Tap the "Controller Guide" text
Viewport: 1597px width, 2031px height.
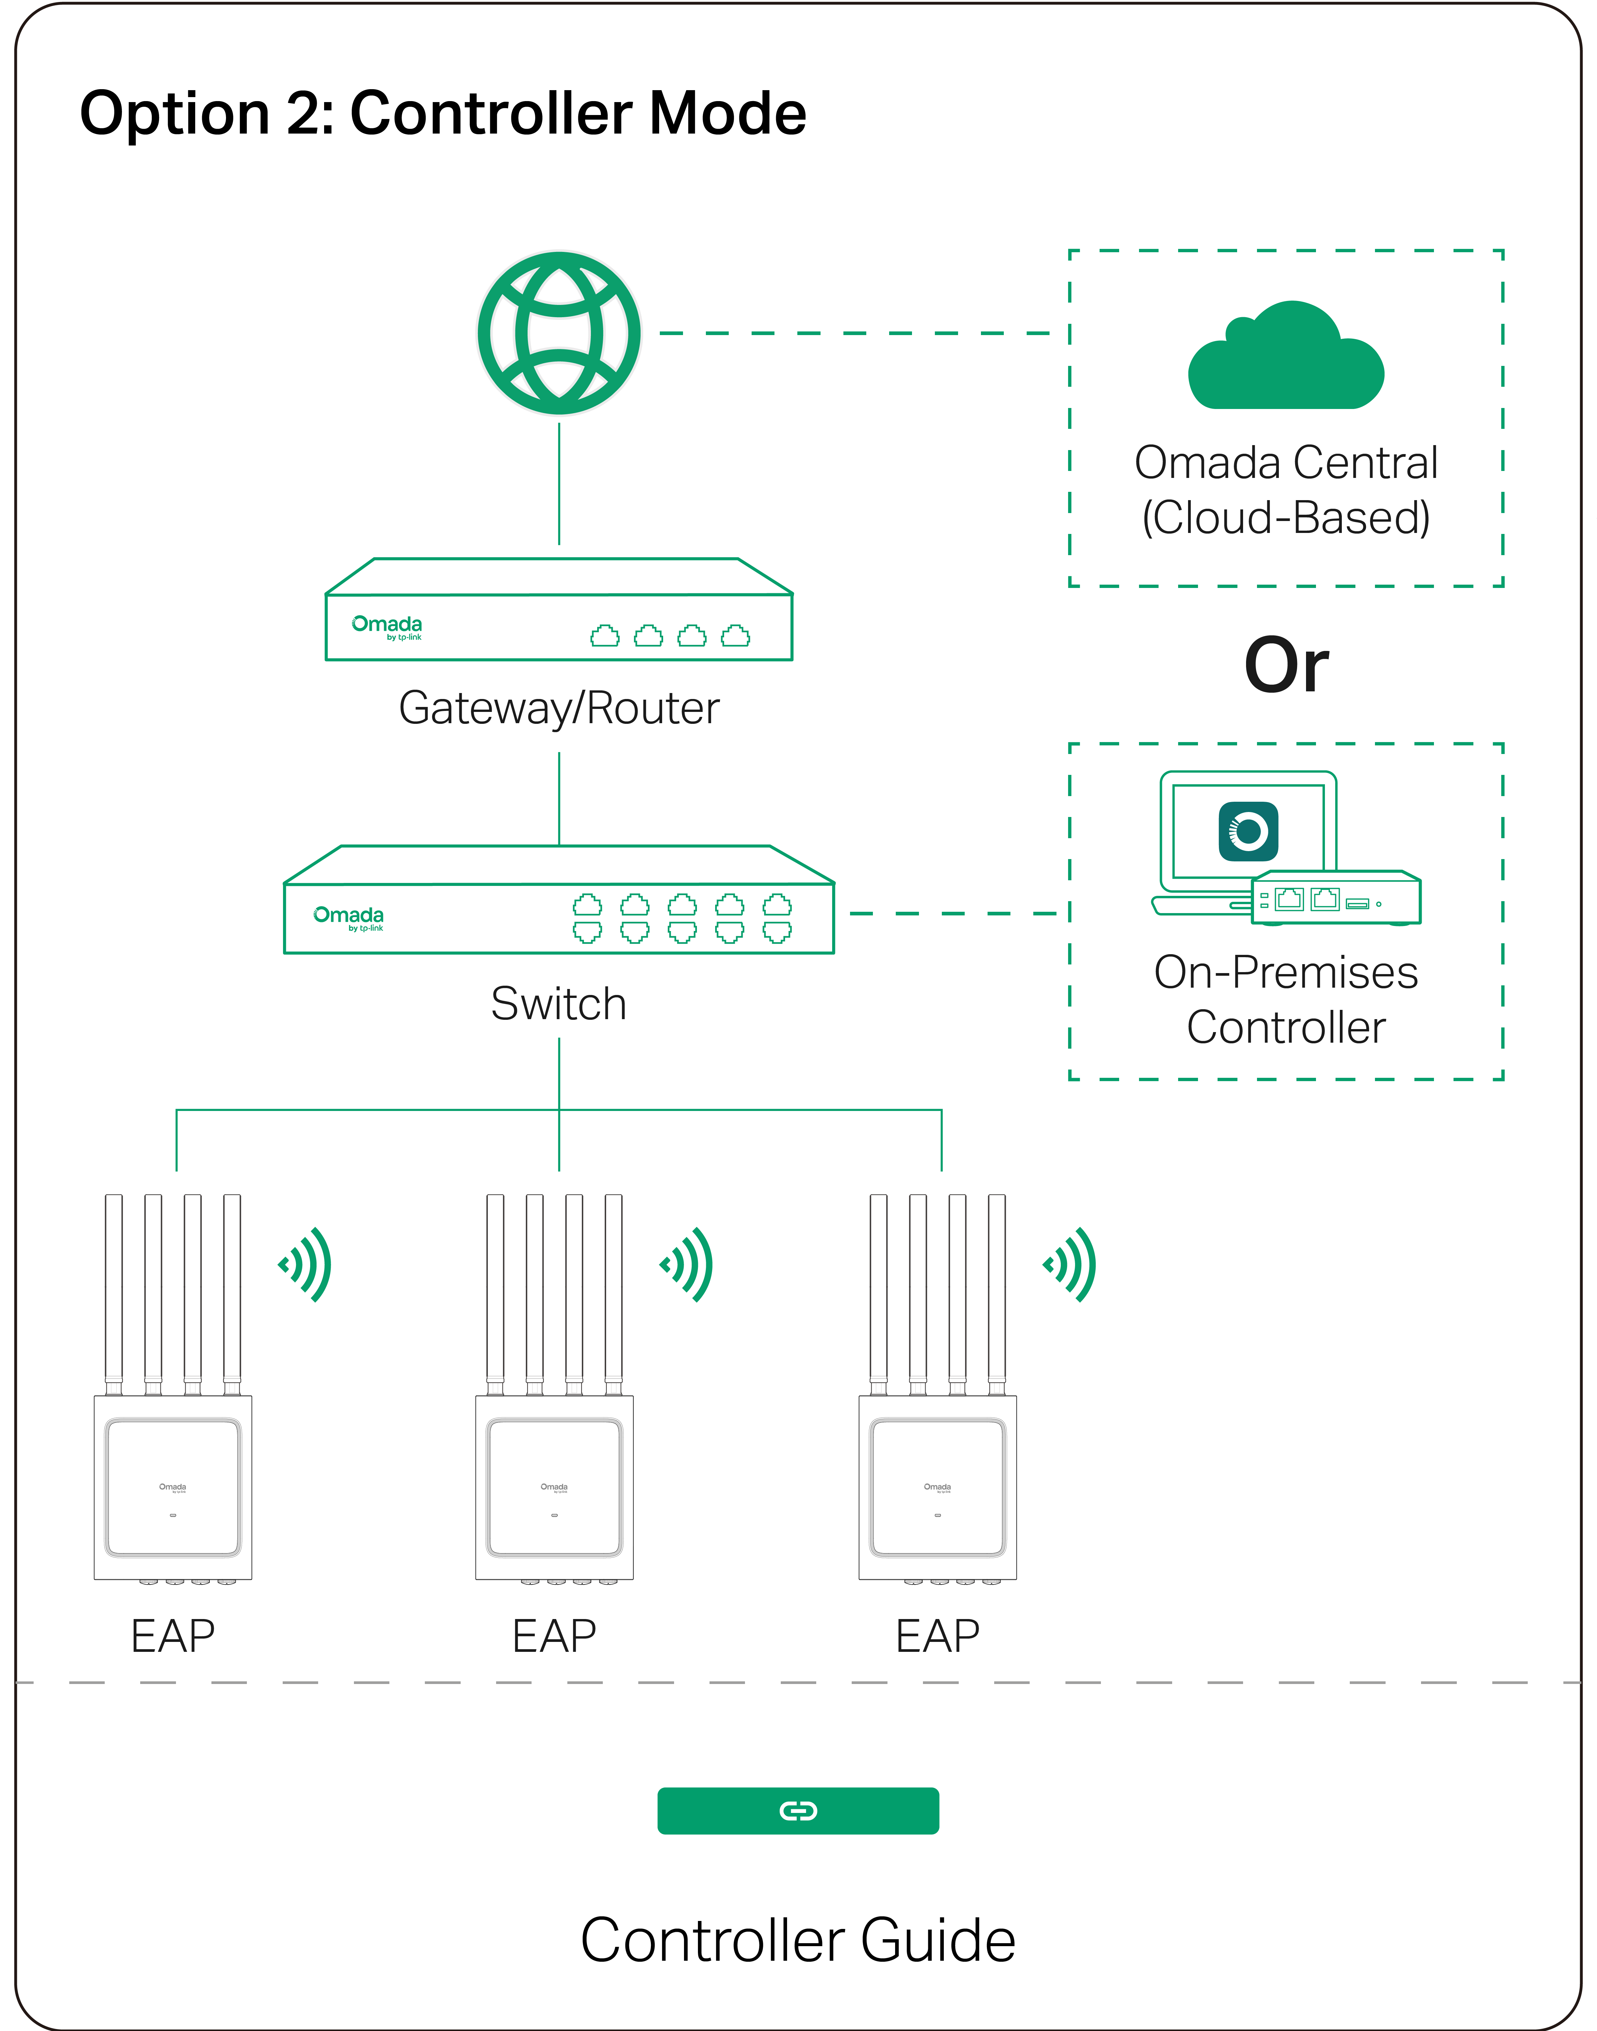[x=798, y=1940]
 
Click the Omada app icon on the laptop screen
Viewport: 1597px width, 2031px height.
[x=1248, y=830]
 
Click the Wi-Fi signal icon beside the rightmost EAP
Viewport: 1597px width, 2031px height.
[x=1071, y=1264]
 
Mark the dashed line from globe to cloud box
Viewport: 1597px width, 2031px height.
[x=856, y=333]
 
